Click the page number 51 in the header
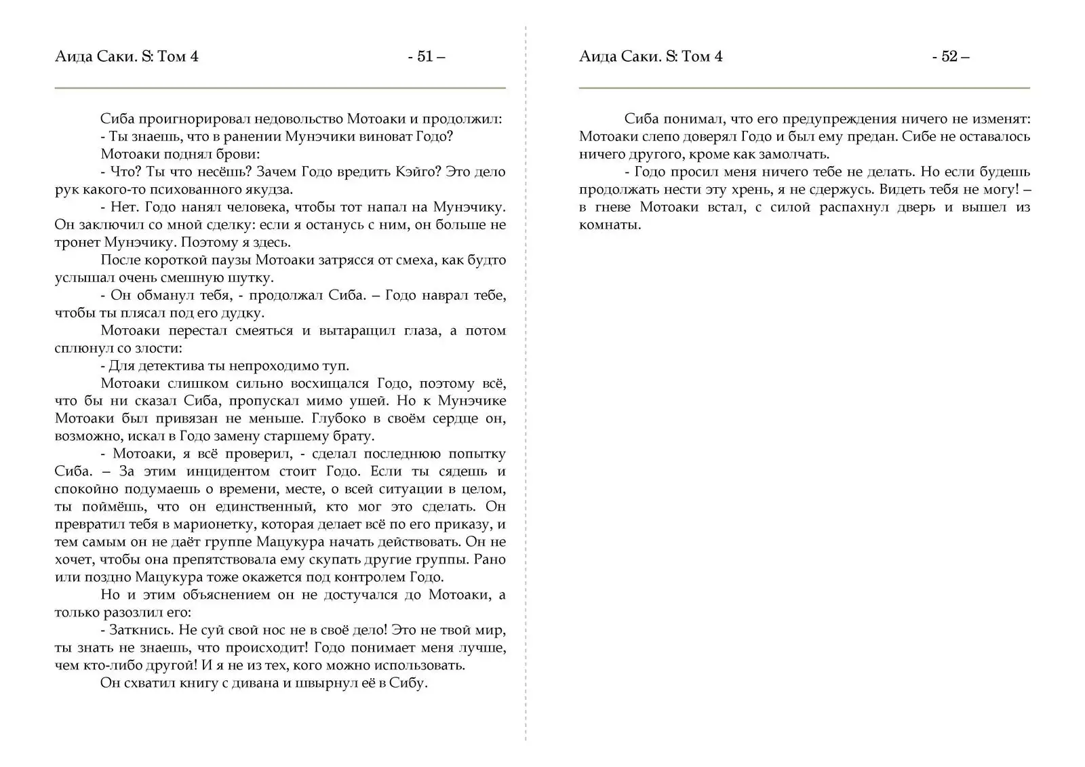click(425, 56)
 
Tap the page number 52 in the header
click(949, 56)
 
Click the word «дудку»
click(243, 313)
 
